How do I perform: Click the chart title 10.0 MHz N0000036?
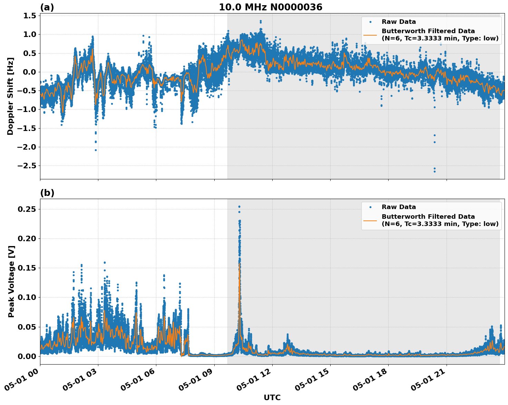coord(271,7)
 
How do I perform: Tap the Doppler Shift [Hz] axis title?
coord(10,96)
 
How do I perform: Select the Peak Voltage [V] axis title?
coord(11,281)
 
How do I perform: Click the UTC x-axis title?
coord(272,397)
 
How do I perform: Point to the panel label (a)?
coord(47,7)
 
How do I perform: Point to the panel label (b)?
coord(47,193)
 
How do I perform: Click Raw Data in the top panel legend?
coord(399,22)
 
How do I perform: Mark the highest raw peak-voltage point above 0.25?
coord(239,207)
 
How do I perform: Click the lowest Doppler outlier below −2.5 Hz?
coord(434,171)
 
